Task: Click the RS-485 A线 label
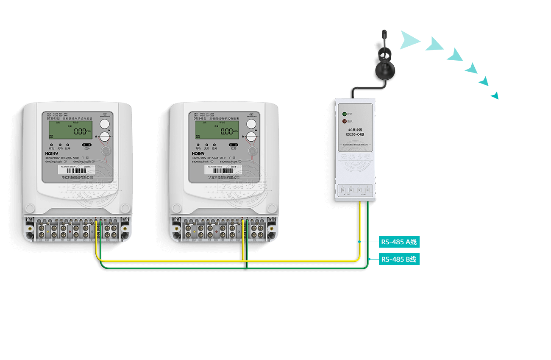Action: click(x=399, y=242)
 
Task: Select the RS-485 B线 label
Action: click(x=399, y=259)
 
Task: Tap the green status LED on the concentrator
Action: click(x=344, y=114)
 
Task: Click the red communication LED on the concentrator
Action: click(x=344, y=121)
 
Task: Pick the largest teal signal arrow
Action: click(x=409, y=40)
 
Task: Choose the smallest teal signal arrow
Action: click(x=495, y=95)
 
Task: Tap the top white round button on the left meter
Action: click(x=105, y=124)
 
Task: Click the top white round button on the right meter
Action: click(x=251, y=124)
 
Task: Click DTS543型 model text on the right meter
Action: click(x=200, y=119)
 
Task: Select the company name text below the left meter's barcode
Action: click(x=77, y=178)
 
